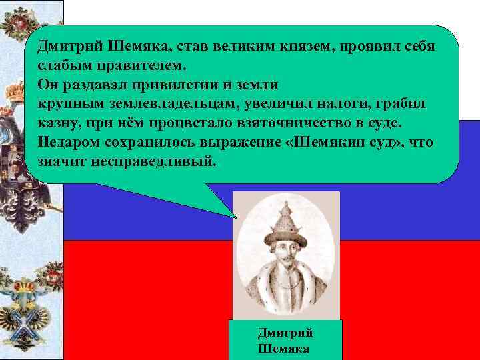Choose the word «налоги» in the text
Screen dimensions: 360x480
tap(349, 105)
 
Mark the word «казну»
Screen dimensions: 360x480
tap(57, 123)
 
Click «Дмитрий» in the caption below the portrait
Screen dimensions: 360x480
tap(285, 333)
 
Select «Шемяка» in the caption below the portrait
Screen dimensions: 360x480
tap(283, 349)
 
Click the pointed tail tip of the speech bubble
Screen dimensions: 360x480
tap(237, 217)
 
